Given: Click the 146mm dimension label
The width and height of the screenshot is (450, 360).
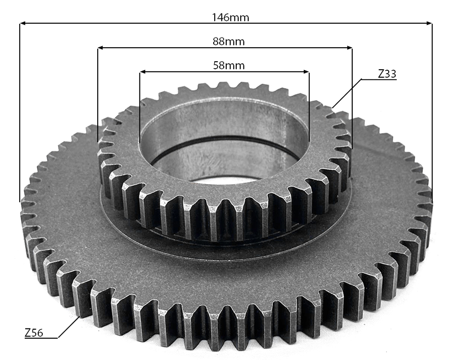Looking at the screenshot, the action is coord(230,18).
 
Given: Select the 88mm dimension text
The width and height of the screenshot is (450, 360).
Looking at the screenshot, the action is coord(229,42).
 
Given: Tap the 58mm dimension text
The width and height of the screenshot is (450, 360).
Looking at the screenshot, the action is coord(229,66).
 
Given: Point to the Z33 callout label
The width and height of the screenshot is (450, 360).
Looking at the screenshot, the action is coord(387,74).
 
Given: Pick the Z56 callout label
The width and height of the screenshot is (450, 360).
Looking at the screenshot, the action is coord(34,333).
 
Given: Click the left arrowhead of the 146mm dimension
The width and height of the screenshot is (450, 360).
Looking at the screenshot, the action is coord(23,23).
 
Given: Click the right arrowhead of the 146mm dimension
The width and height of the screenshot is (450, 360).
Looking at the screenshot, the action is coord(429,23).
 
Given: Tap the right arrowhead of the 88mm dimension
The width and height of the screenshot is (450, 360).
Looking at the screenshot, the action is coord(349,47).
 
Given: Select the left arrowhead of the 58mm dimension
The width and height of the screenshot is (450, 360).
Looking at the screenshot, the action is coord(143,72).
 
